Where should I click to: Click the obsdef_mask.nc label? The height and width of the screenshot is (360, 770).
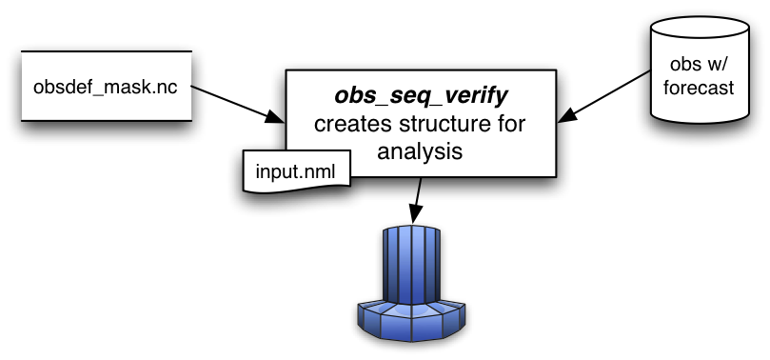pos(105,88)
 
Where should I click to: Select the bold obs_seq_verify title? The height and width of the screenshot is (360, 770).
pos(420,96)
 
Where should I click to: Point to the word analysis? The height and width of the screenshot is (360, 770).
pos(420,150)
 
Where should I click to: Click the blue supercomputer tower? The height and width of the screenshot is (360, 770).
pos(411,267)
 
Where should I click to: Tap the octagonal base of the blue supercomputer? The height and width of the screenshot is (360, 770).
pos(411,318)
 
